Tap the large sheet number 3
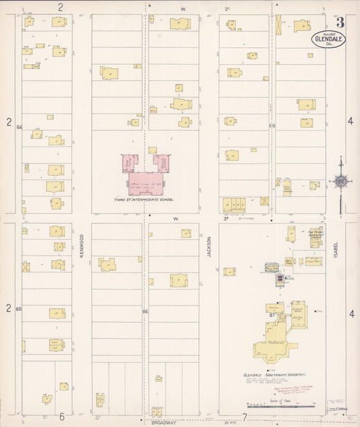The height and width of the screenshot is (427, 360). click(x=340, y=22)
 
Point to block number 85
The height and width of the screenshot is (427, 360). click(x=19, y=309)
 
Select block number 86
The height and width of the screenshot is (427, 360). click(x=145, y=311)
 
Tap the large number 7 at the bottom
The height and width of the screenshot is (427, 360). click(x=244, y=417)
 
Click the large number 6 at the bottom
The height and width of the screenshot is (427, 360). click(x=61, y=416)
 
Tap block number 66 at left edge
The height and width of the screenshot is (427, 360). click(x=20, y=127)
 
